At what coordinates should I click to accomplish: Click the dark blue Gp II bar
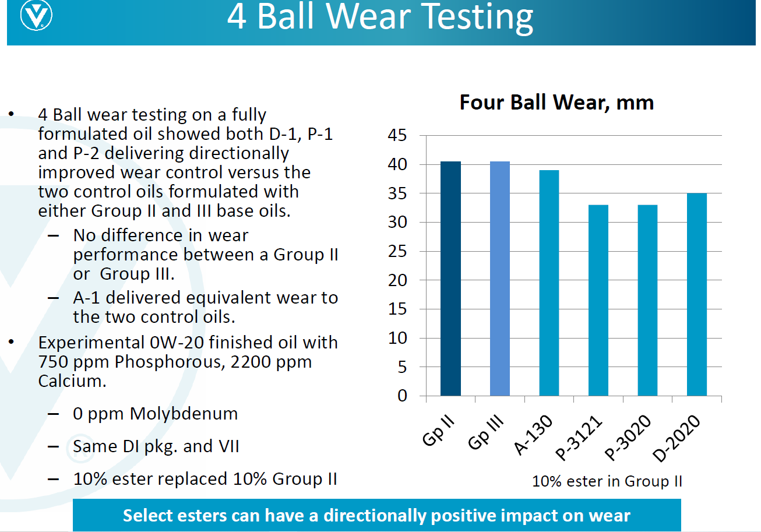point(450,279)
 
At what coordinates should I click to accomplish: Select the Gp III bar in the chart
point(500,279)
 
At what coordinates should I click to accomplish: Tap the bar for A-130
point(549,283)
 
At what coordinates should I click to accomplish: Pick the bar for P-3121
point(598,300)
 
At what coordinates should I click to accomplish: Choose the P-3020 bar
point(647,300)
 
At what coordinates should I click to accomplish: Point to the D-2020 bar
point(697,294)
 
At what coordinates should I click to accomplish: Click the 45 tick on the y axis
point(397,135)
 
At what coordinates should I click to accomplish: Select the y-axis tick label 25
point(397,251)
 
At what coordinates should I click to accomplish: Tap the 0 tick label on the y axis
point(402,396)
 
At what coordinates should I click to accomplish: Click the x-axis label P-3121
point(578,438)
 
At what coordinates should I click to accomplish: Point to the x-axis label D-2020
point(677,438)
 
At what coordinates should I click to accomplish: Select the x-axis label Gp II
point(438,431)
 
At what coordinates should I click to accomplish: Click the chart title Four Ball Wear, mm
point(556,102)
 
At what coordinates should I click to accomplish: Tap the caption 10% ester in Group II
point(607,481)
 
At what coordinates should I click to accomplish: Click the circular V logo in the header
point(36,15)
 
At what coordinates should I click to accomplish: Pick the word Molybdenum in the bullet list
point(184,414)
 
